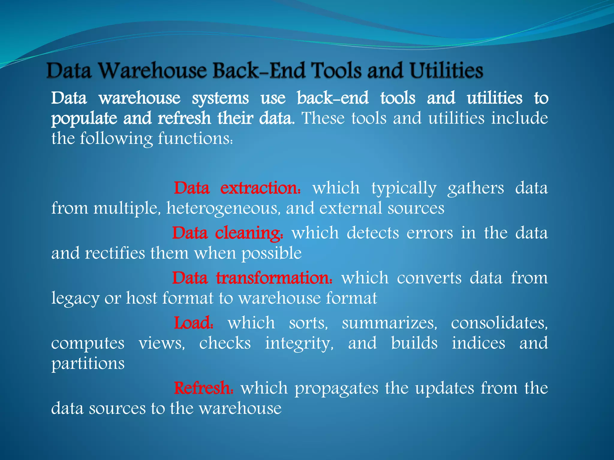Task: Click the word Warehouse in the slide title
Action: [x=153, y=71]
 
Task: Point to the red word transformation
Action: [x=274, y=278]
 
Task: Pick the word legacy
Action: [x=75, y=298]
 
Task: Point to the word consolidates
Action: [x=499, y=323]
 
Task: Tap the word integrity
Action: [x=299, y=343]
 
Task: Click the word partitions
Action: [x=88, y=363]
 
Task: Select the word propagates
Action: [x=336, y=388]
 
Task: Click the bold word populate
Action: [x=84, y=119]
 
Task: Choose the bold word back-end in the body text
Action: [x=332, y=98]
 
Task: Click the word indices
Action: [x=478, y=343]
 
